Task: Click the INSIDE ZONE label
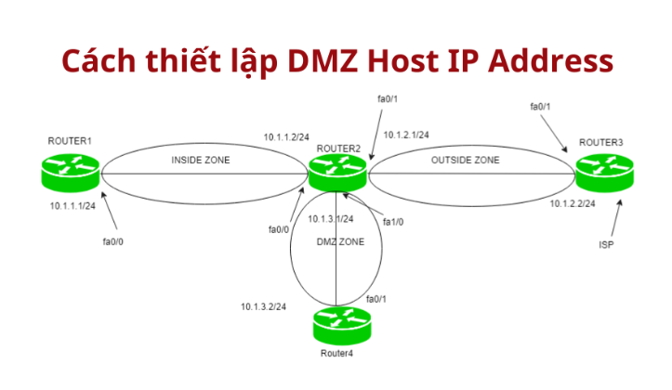[201, 161]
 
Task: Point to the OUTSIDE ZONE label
[465, 161]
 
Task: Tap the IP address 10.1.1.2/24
[285, 136]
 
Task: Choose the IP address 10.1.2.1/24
[406, 135]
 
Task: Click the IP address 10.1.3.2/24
[263, 306]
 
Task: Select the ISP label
[606, 248]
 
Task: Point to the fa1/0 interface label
[395, 222]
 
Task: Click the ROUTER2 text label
[338, 147]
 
